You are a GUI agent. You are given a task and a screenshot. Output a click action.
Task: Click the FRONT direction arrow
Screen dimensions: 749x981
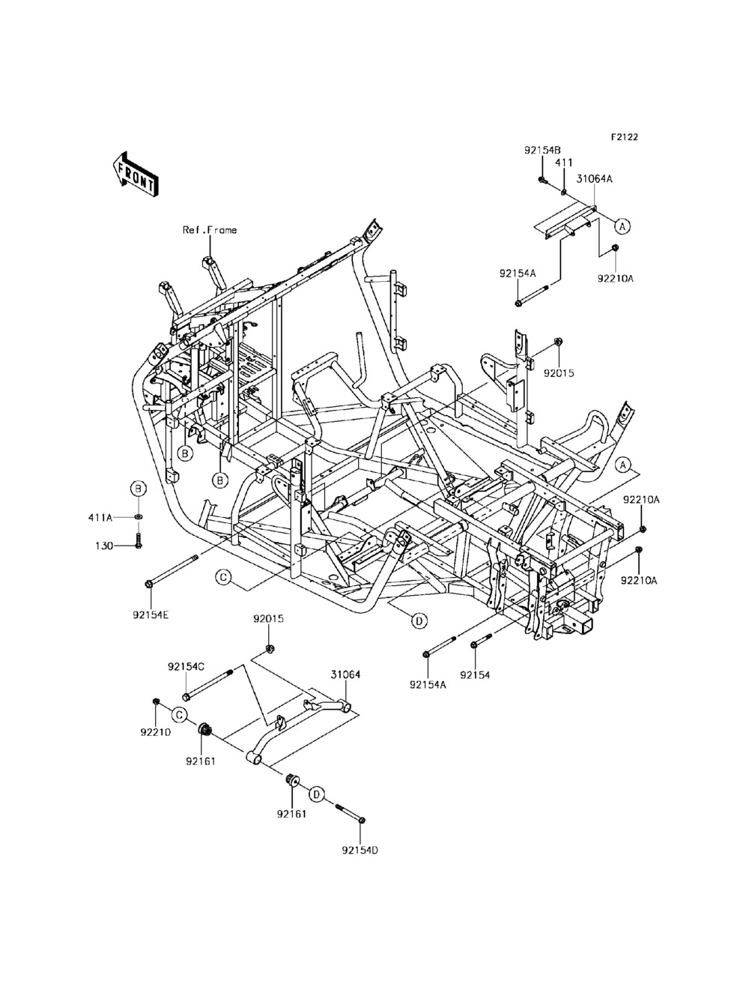point(134,175)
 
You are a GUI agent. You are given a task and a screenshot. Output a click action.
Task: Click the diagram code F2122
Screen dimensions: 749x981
point(625,136)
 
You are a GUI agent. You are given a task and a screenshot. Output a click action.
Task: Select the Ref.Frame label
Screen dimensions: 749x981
point(210,230)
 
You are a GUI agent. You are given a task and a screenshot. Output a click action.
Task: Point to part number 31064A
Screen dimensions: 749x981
point(595,179)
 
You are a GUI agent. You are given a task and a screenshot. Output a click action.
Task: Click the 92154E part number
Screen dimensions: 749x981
point(151,615)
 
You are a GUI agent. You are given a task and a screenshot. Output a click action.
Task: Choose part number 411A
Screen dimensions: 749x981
point(100,518)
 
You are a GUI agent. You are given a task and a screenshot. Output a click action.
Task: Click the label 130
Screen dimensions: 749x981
point(103,546)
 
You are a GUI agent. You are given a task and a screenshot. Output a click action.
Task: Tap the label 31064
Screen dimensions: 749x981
point(345,674)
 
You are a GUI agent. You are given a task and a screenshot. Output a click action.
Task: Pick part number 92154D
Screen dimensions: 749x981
point(360,850)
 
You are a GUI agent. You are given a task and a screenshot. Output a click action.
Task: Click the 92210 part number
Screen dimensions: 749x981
point(156,732)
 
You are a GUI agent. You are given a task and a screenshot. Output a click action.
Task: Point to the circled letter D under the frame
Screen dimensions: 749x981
point(419,621)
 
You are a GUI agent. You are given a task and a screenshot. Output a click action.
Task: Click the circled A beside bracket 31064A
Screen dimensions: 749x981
point(622,226)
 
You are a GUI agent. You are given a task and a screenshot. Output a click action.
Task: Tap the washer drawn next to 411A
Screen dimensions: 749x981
point(139,517)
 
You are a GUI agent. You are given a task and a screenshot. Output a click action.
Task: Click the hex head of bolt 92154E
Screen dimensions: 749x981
point(149,583)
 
